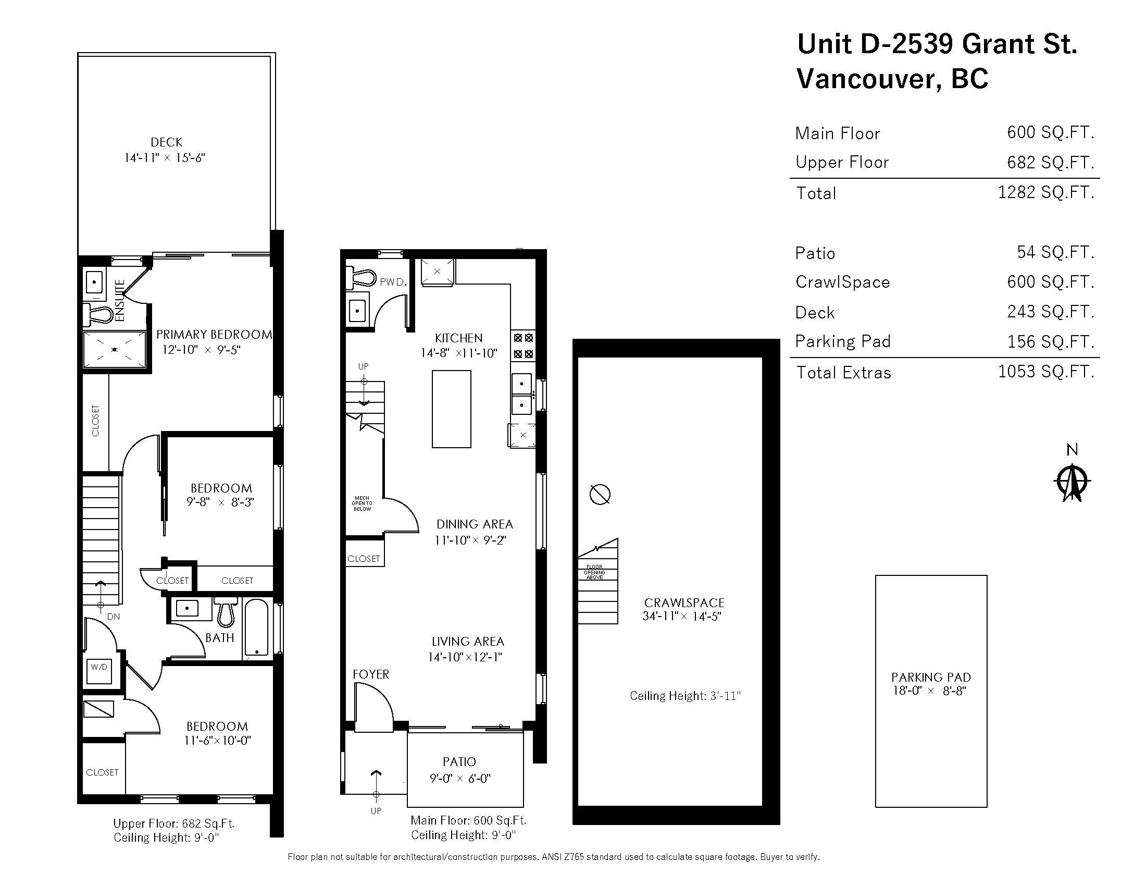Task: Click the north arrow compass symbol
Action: (x=1072, y=482)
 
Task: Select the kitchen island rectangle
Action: (x=451, y=409)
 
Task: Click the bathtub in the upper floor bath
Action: (x=257, y=629)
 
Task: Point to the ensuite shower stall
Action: (x=115, y=349)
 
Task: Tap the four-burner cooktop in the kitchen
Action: (x=523, y=346)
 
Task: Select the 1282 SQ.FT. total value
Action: (x=1045, y=193)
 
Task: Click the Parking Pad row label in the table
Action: (x=843, y=342)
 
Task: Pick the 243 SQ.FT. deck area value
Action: (x=1050, y=312)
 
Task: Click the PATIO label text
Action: (x=459, y=761)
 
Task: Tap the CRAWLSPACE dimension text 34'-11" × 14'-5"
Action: (x=682, y=617)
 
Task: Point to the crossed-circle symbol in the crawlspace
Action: (x=600, y=494)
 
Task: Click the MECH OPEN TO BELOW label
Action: (x=362, y=503)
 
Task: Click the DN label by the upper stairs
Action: (x=114, y=617)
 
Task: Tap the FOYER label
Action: (x=370, y=674)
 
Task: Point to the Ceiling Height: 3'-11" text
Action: (x=685, y=696)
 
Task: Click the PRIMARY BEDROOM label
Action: (x=214, y=335)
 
